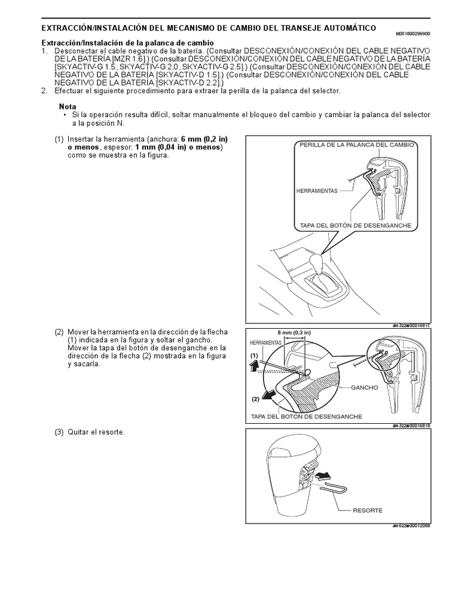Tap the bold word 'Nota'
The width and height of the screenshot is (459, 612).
click(x=68, y=106)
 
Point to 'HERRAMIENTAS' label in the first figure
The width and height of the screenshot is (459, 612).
click(x=317, y=191)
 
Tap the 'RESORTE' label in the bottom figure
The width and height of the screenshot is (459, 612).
click(x=368, y=510)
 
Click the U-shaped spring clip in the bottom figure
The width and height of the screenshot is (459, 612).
click(x=335, y=489)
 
